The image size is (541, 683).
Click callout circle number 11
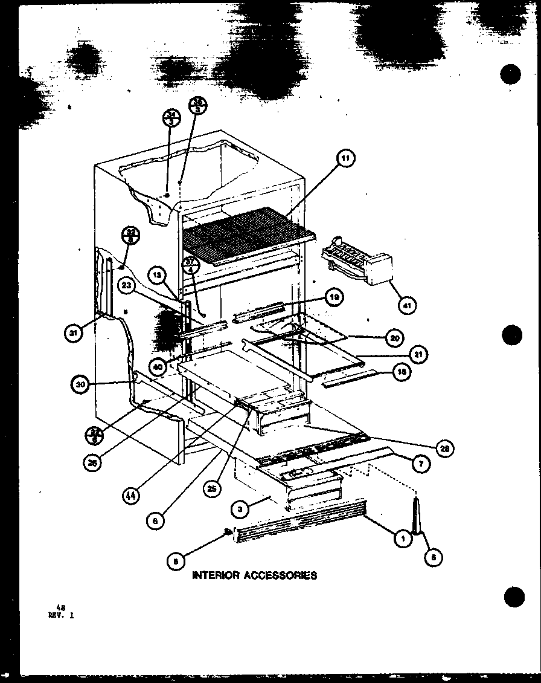[345, 160]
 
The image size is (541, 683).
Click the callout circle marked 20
[394, 338]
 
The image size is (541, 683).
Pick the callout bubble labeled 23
[127, 288]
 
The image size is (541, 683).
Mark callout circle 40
[158, 366]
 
